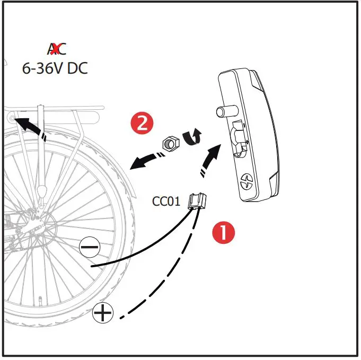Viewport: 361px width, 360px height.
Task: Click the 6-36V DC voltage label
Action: tap(55, 68)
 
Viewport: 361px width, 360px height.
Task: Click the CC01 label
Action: tap(166, 201)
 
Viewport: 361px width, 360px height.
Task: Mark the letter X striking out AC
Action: tap(54, 49)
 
